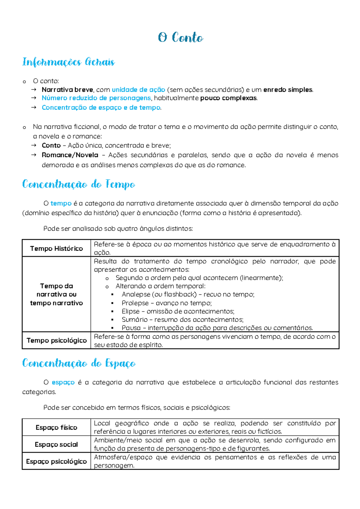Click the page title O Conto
pos(180,38)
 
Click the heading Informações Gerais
pos(68,62)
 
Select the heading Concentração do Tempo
pos(79,184)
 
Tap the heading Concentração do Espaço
pos(79,363)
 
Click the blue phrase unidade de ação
pos(138,90)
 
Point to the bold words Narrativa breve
pos(67,90)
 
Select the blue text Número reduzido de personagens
pos(96,98)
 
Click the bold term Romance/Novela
pos(70,155)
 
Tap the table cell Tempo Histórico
pos(56,248)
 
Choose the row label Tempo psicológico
pos(56,340)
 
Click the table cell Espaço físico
pos(56,427)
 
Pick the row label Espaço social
pos(56,444)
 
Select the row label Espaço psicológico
pos(56,461)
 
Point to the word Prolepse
pos(135,303)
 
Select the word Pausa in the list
pos(131,328)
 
